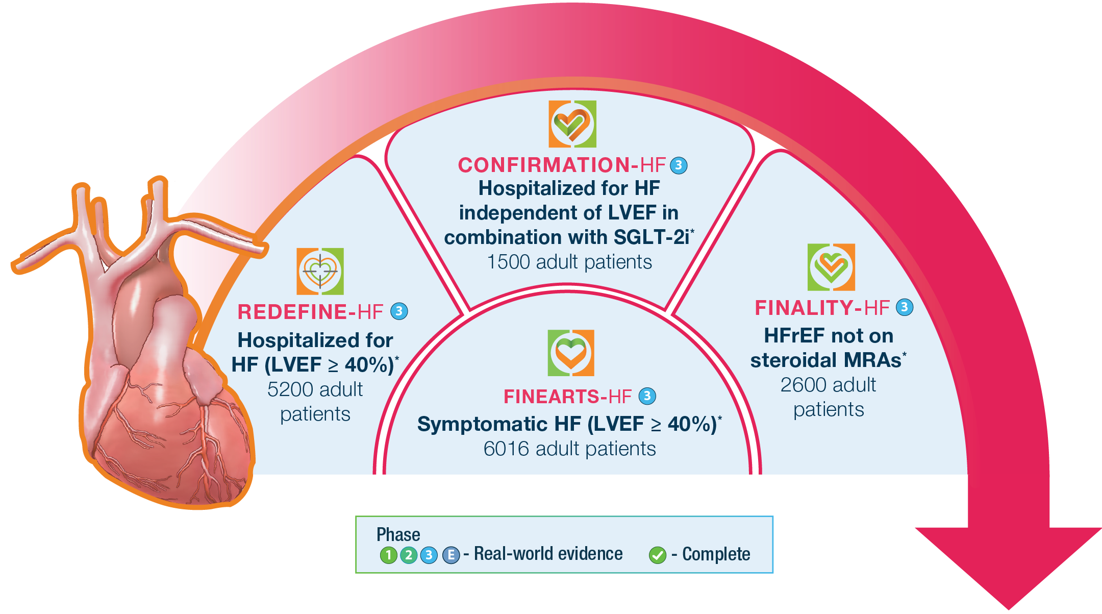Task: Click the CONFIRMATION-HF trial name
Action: pyautogui.click(x=561, y=165)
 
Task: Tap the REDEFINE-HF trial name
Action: pyautogui.click(x=310, y=312)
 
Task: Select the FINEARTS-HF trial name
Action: pyautogui.click(x=567, y=397)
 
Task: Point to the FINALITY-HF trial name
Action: pyautogui.click(x=822, y=308)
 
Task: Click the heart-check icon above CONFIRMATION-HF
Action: pyautogui.click(x=572, y=124)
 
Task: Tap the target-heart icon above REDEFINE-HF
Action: pyautogui.click(x=320, y=272)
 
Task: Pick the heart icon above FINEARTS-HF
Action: pyautogui.click(x=571, y=353)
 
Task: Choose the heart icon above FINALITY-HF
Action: pyautogui.click(x=831, y=267)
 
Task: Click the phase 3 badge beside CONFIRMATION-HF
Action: pyautogui.click(x=679, y=165)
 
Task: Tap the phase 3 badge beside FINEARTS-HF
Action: pyautogui.click(x=647, y=396)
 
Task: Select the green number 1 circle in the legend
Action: pyautogui.click(x=388, y=555)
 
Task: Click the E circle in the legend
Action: pyautogui.click(x=451, y=555)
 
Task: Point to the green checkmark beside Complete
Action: pyautogui.click(x=658, y=555)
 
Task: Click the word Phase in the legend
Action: pyautogui.click(x=398, y=534)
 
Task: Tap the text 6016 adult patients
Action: pyautogui.click(x=569, y=449)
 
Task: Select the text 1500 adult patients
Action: pyautogui.click(x=569, y=262)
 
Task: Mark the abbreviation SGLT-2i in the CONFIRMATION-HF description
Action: pyautogui.click(x=652, y=237)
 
